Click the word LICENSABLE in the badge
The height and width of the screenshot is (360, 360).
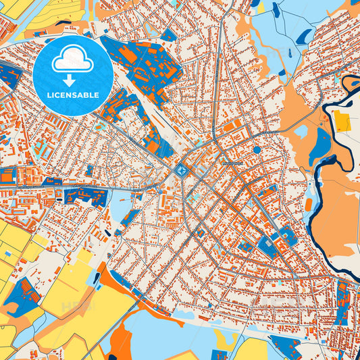pos(72,95)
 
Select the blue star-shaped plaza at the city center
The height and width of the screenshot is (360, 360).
pos(182,171)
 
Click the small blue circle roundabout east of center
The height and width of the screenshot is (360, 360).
pos(257,150)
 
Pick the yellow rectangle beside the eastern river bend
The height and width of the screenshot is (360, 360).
pos(342,122)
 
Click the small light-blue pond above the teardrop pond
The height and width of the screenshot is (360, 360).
pos(301,130)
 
